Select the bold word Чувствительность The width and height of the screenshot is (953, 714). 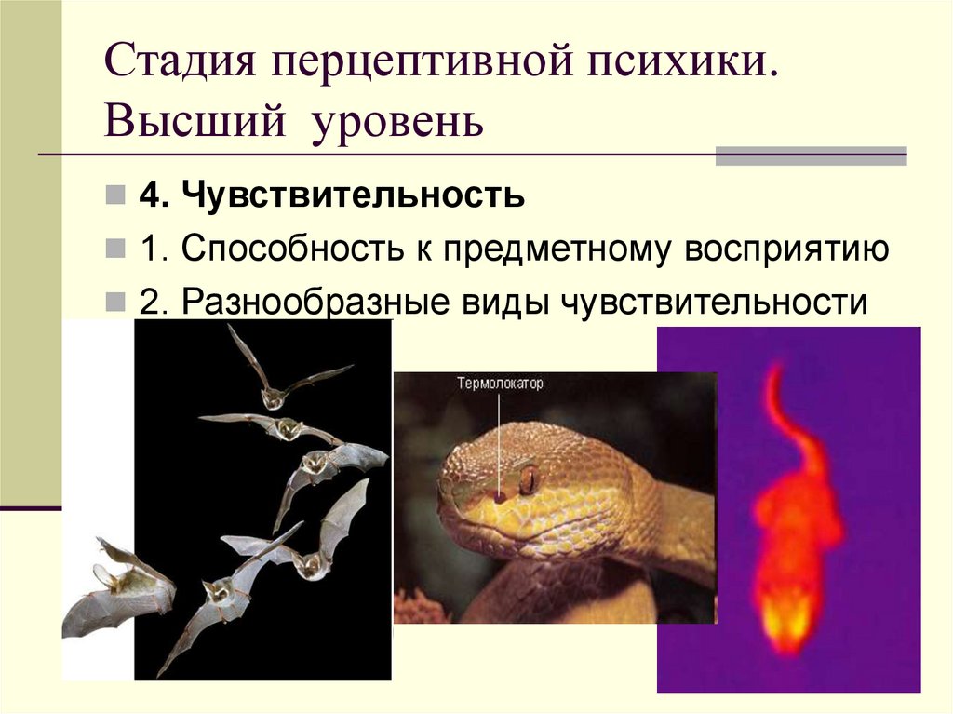(353, 196)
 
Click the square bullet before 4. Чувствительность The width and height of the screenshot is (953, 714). (115, 196)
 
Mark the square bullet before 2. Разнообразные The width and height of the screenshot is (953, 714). (115, 303)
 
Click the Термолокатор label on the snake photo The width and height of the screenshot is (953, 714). (500, 383)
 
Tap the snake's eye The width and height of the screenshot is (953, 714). (530, 480)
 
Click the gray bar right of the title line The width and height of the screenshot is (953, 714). (810, 155)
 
